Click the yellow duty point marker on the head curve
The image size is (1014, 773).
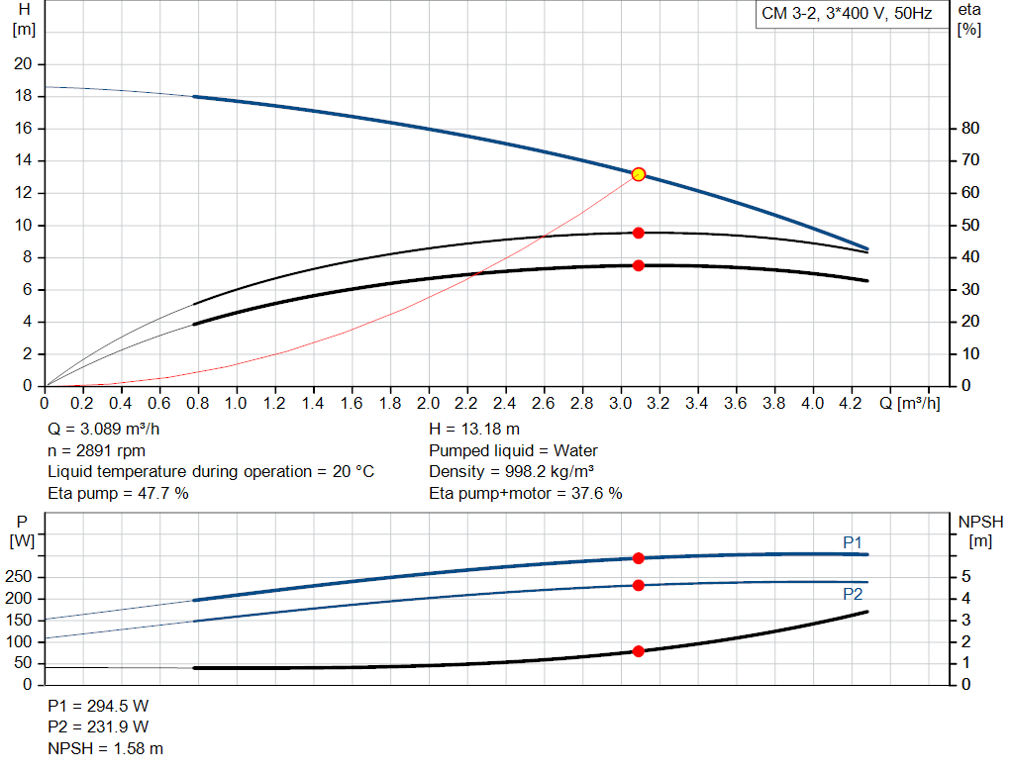click(x=639, y=174)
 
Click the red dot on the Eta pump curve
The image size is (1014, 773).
click(x=639, y=233)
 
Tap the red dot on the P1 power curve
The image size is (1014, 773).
click(x=639, y=558)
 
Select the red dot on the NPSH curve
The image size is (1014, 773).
click(x=639, y=651)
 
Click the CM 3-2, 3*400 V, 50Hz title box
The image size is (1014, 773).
click(x=846, y=15)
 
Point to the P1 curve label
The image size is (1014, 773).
click(x=853, y=541)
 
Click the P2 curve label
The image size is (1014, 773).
click(x=853, y=594)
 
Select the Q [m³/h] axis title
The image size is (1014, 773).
click(x=910, y=404)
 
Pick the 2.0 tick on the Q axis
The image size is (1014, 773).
click(x=428, y=404)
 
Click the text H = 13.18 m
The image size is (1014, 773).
click(x=474, y=430)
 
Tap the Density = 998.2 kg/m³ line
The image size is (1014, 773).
click(x=511, y=471)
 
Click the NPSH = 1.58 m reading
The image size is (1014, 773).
click(x=106, y=748)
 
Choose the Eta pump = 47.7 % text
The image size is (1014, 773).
click(x=118, y=493)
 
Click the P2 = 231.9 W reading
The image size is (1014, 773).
click(x=98, y=727)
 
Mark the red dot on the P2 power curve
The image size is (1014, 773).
click(x=639, y=585)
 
